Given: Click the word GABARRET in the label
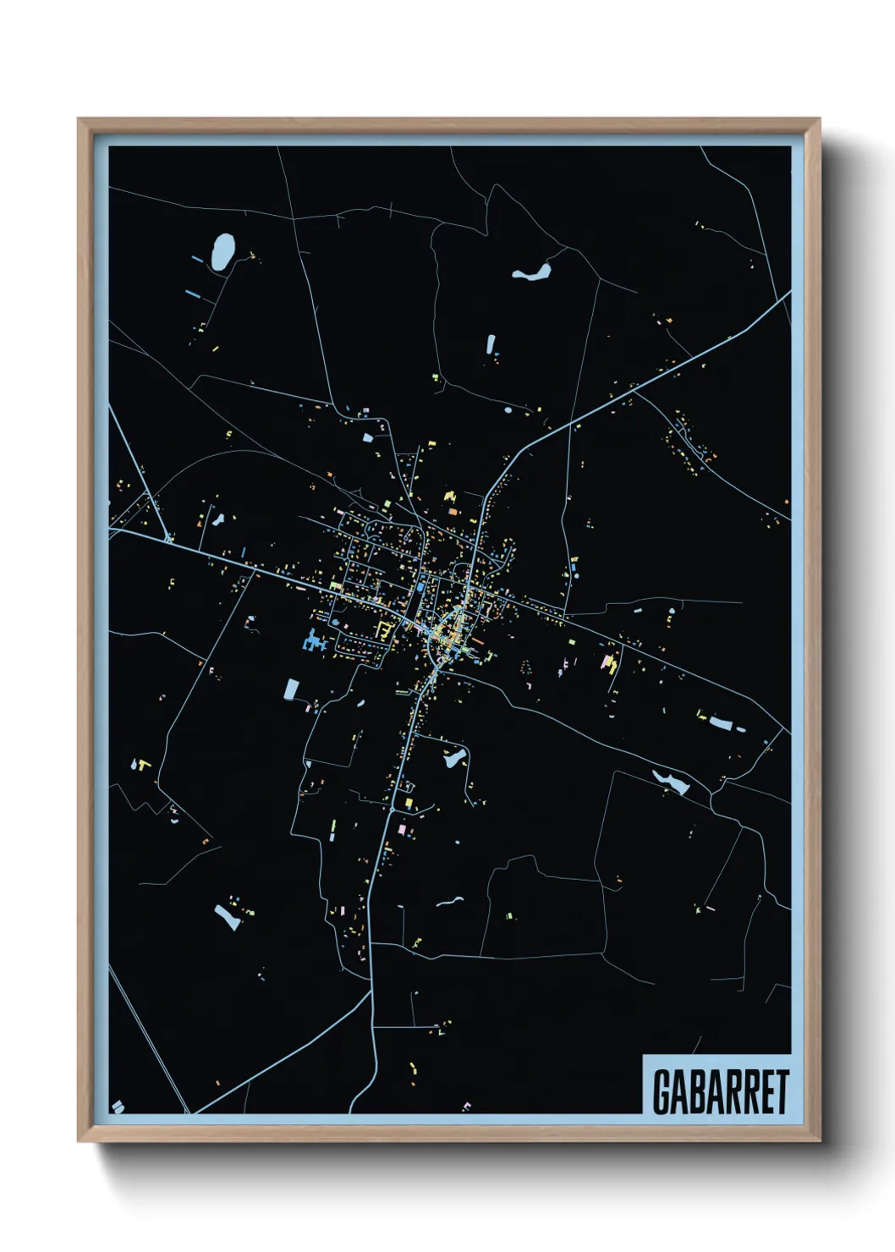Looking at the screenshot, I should pyautogui.click(x=721, y=1091).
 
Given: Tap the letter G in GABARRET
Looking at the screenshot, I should pyautogui.click(x=661, y=1091).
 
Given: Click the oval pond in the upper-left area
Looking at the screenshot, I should pyautogui.click(x=222, y=250).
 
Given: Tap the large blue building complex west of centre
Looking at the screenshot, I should pyautogui.click(x=313, y=640).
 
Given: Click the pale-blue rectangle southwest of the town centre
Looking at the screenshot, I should pyautogui.click(x=290, y=689).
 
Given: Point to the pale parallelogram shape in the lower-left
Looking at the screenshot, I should pyautogui.click(x=227, y=916).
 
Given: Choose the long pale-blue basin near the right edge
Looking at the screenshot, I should pyautogui.click(x=721, y=723).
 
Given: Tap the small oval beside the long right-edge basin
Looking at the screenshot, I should pyautogui.click(x=742, y=729).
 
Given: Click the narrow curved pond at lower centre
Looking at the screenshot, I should pyautogui.click(x=449, y=902).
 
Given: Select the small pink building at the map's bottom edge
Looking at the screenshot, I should pyautogui.click(x=467, y=1106).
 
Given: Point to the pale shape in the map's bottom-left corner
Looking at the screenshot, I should pyautogui.click(x=118, y=1106).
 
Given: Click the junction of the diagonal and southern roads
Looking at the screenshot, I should pyautogui.click(x=371, y=991).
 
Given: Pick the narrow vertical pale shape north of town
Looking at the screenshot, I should pyautogui.click(x=490, y=343).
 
